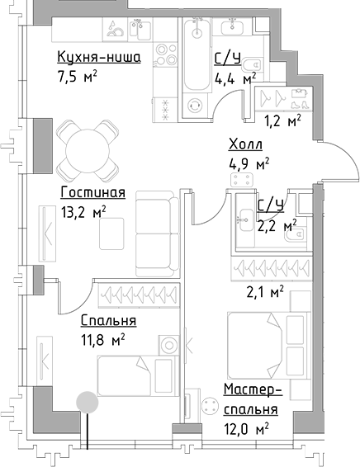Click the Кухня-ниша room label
point(98,57)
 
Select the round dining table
point(88,149)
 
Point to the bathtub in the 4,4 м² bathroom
point(196,58)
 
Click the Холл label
point(245,145)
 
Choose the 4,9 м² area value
point(250,163)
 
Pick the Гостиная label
point(92,193)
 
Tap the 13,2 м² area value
point(83,213)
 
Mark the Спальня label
point(108,321)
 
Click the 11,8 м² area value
point(102,339)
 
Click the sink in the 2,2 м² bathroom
point(245,219)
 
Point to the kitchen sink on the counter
point(118,31)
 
